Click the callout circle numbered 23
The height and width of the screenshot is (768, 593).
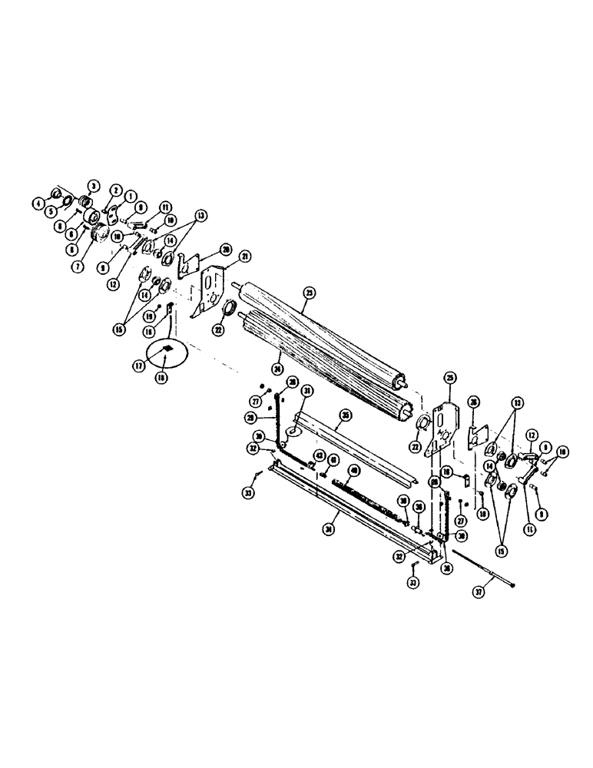point(310,292)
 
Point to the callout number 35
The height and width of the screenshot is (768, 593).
point(346,415)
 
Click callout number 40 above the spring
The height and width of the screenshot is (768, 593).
point(354,470)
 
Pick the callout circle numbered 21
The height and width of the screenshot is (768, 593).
point(245,255)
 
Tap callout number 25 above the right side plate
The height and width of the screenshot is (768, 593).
point(450,378)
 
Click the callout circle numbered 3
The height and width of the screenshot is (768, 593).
point(94,185)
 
